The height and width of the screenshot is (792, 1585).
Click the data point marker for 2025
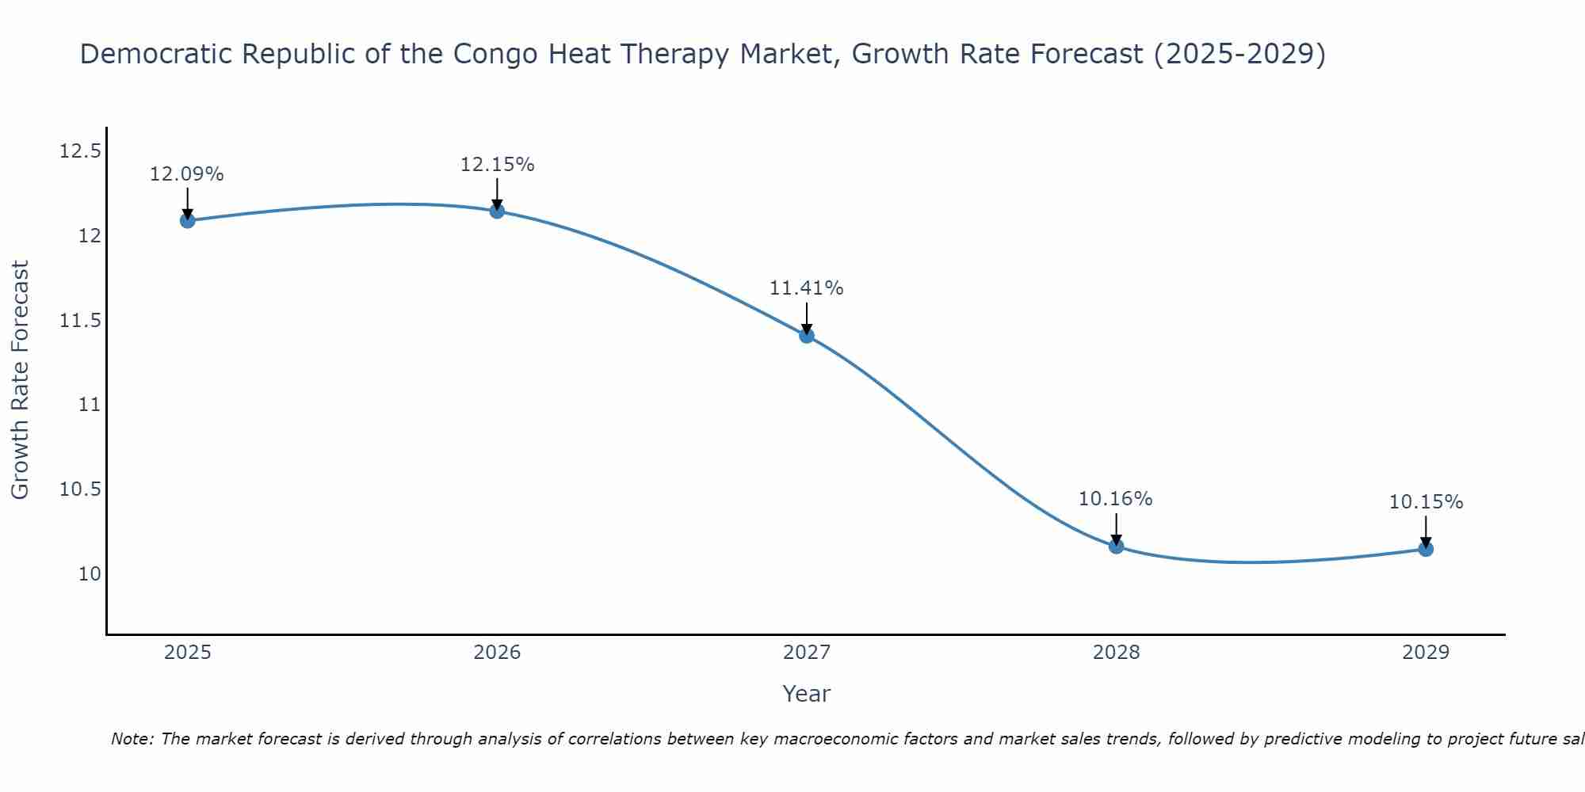[x=188, y=220]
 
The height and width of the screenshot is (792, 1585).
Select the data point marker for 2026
[x=497, y=211]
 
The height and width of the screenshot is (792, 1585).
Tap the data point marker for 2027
[x=807, y=335]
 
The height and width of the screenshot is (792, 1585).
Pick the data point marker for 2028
[x=1116, y=546]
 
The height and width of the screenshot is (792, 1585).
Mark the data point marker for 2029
[x=1426, y=548]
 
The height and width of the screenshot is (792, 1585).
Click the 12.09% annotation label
[x=187, y=174]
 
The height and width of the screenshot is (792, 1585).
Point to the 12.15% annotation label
[x=497, y=165]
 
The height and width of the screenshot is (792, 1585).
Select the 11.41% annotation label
[x=807, y=288]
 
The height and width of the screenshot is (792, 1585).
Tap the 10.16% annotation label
[x=1116, y=499]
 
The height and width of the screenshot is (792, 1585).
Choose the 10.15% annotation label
[x=1426, y=502]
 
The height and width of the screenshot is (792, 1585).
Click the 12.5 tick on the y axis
[x=80, y=151]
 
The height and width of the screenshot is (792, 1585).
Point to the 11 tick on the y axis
[x=90, y=405]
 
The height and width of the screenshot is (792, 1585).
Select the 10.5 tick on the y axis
[x=80, y=489]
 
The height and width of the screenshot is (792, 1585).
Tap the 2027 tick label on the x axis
[x=807, y=653]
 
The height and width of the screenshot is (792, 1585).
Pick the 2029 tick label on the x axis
[x=1426, y=653]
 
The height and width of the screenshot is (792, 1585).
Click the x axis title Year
[x=807, y=694]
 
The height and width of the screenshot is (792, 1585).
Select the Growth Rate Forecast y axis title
[x=21, y=380]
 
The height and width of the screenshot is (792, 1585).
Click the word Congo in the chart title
[x=494, y=55]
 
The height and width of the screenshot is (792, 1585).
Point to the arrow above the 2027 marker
[x=807, y=318]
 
